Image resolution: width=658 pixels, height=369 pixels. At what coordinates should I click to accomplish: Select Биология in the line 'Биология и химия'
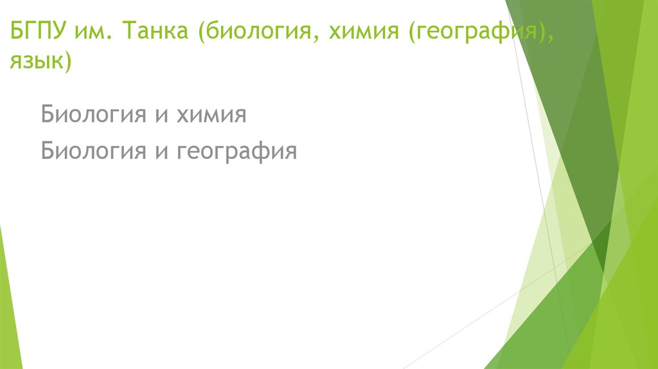coord(89,116)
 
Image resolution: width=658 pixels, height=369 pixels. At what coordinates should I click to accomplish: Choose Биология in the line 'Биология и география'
coord(89,152)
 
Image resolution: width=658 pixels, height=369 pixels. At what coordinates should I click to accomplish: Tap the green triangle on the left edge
coord(9,302)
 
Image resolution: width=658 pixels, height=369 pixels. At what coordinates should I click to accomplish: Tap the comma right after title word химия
coord(395,37)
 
